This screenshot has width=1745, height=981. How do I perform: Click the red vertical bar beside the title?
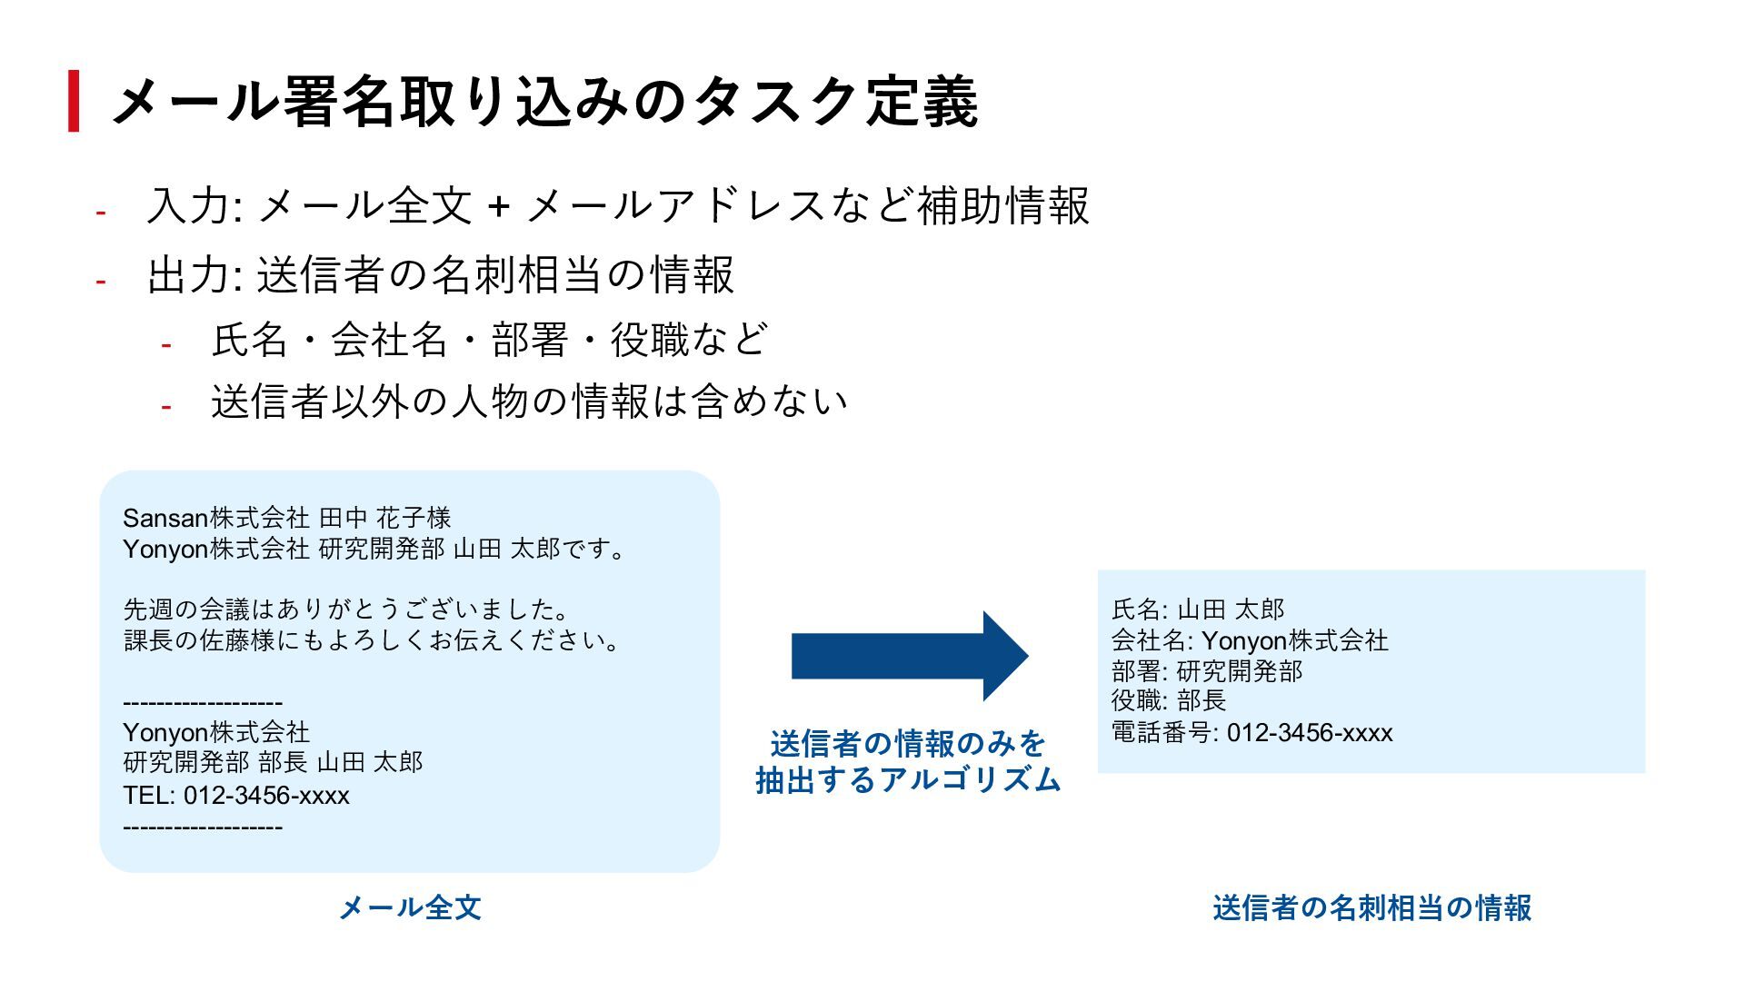74,101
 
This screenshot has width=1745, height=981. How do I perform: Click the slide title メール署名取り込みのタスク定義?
543,101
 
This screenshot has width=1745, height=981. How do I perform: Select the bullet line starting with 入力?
618,205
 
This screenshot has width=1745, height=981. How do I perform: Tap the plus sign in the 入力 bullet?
497,206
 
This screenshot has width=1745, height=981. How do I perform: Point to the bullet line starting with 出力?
440,274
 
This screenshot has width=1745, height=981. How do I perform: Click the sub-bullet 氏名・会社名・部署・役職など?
490,340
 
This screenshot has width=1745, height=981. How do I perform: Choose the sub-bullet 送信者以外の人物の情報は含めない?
529,401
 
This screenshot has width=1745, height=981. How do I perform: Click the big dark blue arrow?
909,656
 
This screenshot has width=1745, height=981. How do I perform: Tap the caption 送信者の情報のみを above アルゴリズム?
908,744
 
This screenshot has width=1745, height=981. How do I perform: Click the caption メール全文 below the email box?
410,907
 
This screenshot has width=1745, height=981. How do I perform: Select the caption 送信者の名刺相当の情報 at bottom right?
1371,907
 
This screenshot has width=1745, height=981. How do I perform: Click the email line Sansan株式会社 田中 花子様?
287,518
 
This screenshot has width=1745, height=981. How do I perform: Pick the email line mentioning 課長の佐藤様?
373,640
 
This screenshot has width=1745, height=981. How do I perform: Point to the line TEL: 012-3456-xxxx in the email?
236,796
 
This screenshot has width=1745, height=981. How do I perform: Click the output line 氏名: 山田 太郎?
1198,609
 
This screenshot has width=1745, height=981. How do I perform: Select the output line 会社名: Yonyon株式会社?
1250,640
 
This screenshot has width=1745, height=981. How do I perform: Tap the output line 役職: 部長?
1169,700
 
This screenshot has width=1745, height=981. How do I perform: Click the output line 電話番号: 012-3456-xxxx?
1251,732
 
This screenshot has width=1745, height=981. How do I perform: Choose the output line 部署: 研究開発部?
1207,671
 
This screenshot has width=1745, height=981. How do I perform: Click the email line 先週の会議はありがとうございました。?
347,609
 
